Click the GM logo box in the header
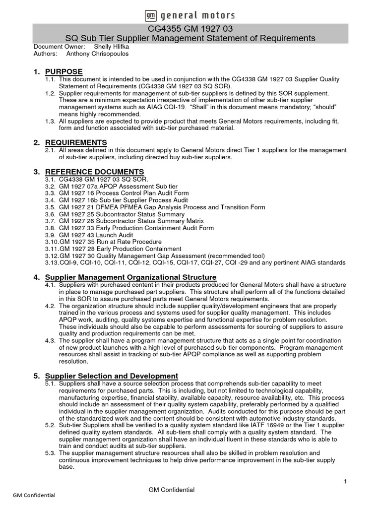(x=150, y=15)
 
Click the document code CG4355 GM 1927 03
(x=190, y=29)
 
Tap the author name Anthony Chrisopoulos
(x=97, y=54)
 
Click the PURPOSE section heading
(x=64, y=72)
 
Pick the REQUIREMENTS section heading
(x=76, y=142)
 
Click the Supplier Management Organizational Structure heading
(x=130, y=277)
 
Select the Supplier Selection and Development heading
(x=112, y=376)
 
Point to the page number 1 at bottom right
(x=345, y=482)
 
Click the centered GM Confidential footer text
(x=172, y=490)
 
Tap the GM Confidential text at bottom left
(x=34, y=495)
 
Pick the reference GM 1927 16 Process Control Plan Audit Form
(x=124, y=193)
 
